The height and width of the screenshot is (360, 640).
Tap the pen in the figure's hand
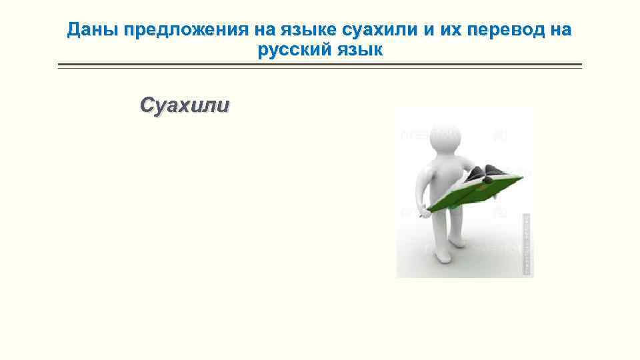(x=421, y=215)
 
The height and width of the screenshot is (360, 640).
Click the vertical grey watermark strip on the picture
(x=526, y=243)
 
